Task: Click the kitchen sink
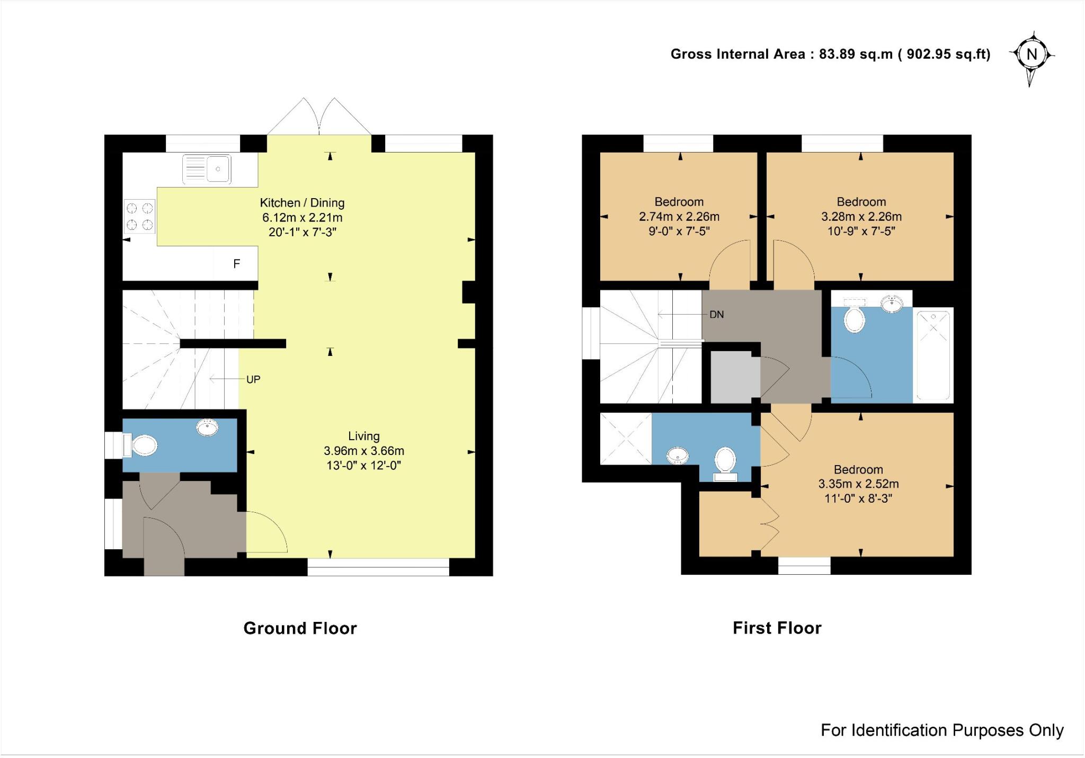coord(207,169)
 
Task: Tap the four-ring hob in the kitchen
coord(140,216)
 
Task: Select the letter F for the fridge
coord(237,263)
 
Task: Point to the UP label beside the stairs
coord(253,379)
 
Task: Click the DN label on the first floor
coord(716,315)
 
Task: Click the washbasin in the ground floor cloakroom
coord(207,427)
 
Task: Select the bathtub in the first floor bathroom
coord(933,355)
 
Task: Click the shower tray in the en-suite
coord(626,439)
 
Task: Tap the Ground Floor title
coord(300,628)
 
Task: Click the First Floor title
coord(777,628)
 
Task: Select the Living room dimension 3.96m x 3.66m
coord(364,451)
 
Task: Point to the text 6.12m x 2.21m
coord(302,218)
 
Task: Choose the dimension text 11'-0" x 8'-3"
coord(858,498)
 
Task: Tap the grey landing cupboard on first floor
coord(734,377)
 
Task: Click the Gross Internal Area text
coord(830,54)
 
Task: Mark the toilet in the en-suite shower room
coord(725,461)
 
